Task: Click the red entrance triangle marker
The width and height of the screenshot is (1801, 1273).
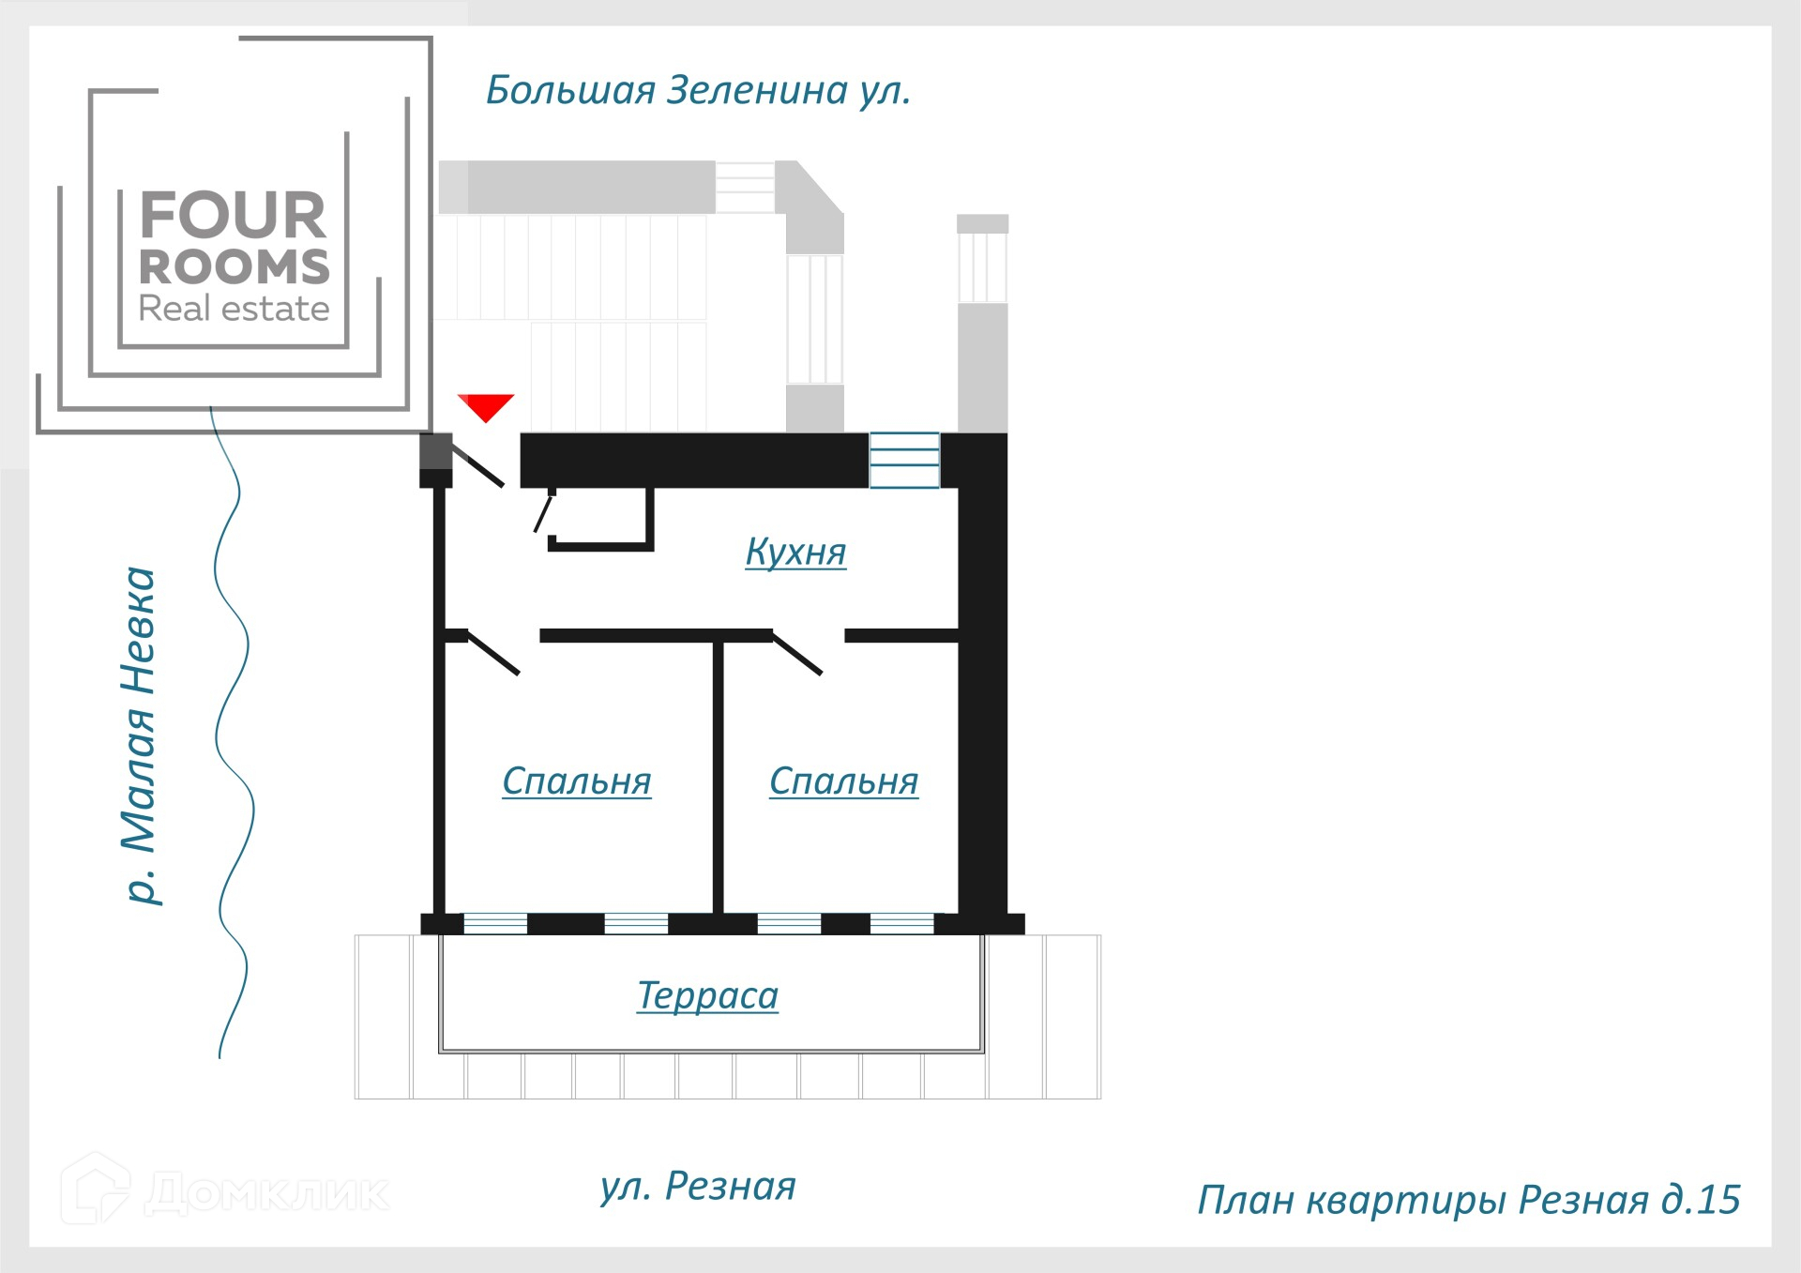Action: [486, 406]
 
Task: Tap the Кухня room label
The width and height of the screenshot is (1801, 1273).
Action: [795, 552]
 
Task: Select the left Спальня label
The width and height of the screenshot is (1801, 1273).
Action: [576, 780]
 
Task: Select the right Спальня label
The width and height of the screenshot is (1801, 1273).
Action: [843, 780]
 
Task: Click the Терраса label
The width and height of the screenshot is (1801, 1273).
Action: [707, 995]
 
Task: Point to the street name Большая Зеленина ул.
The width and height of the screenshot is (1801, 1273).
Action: [698, 91]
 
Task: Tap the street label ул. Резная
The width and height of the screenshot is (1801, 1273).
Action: [698, 1186]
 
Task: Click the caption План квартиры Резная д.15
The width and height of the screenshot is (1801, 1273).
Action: [1468, 1200]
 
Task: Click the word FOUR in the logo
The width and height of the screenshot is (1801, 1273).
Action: [233, 216]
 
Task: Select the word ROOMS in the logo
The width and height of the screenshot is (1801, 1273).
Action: [235, 267]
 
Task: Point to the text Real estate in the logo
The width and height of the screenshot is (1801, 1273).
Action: [234, 309]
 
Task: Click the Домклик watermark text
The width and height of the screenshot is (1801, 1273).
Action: [267, 1193]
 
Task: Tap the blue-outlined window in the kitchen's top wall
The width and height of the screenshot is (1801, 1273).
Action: [904, 460]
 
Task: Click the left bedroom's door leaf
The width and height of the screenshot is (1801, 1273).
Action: [493, 653]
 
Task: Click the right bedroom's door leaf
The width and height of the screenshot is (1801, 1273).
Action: [797, 653]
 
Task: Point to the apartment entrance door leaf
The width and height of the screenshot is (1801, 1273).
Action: [477, 464]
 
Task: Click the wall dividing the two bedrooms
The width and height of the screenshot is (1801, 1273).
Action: [718, 779]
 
